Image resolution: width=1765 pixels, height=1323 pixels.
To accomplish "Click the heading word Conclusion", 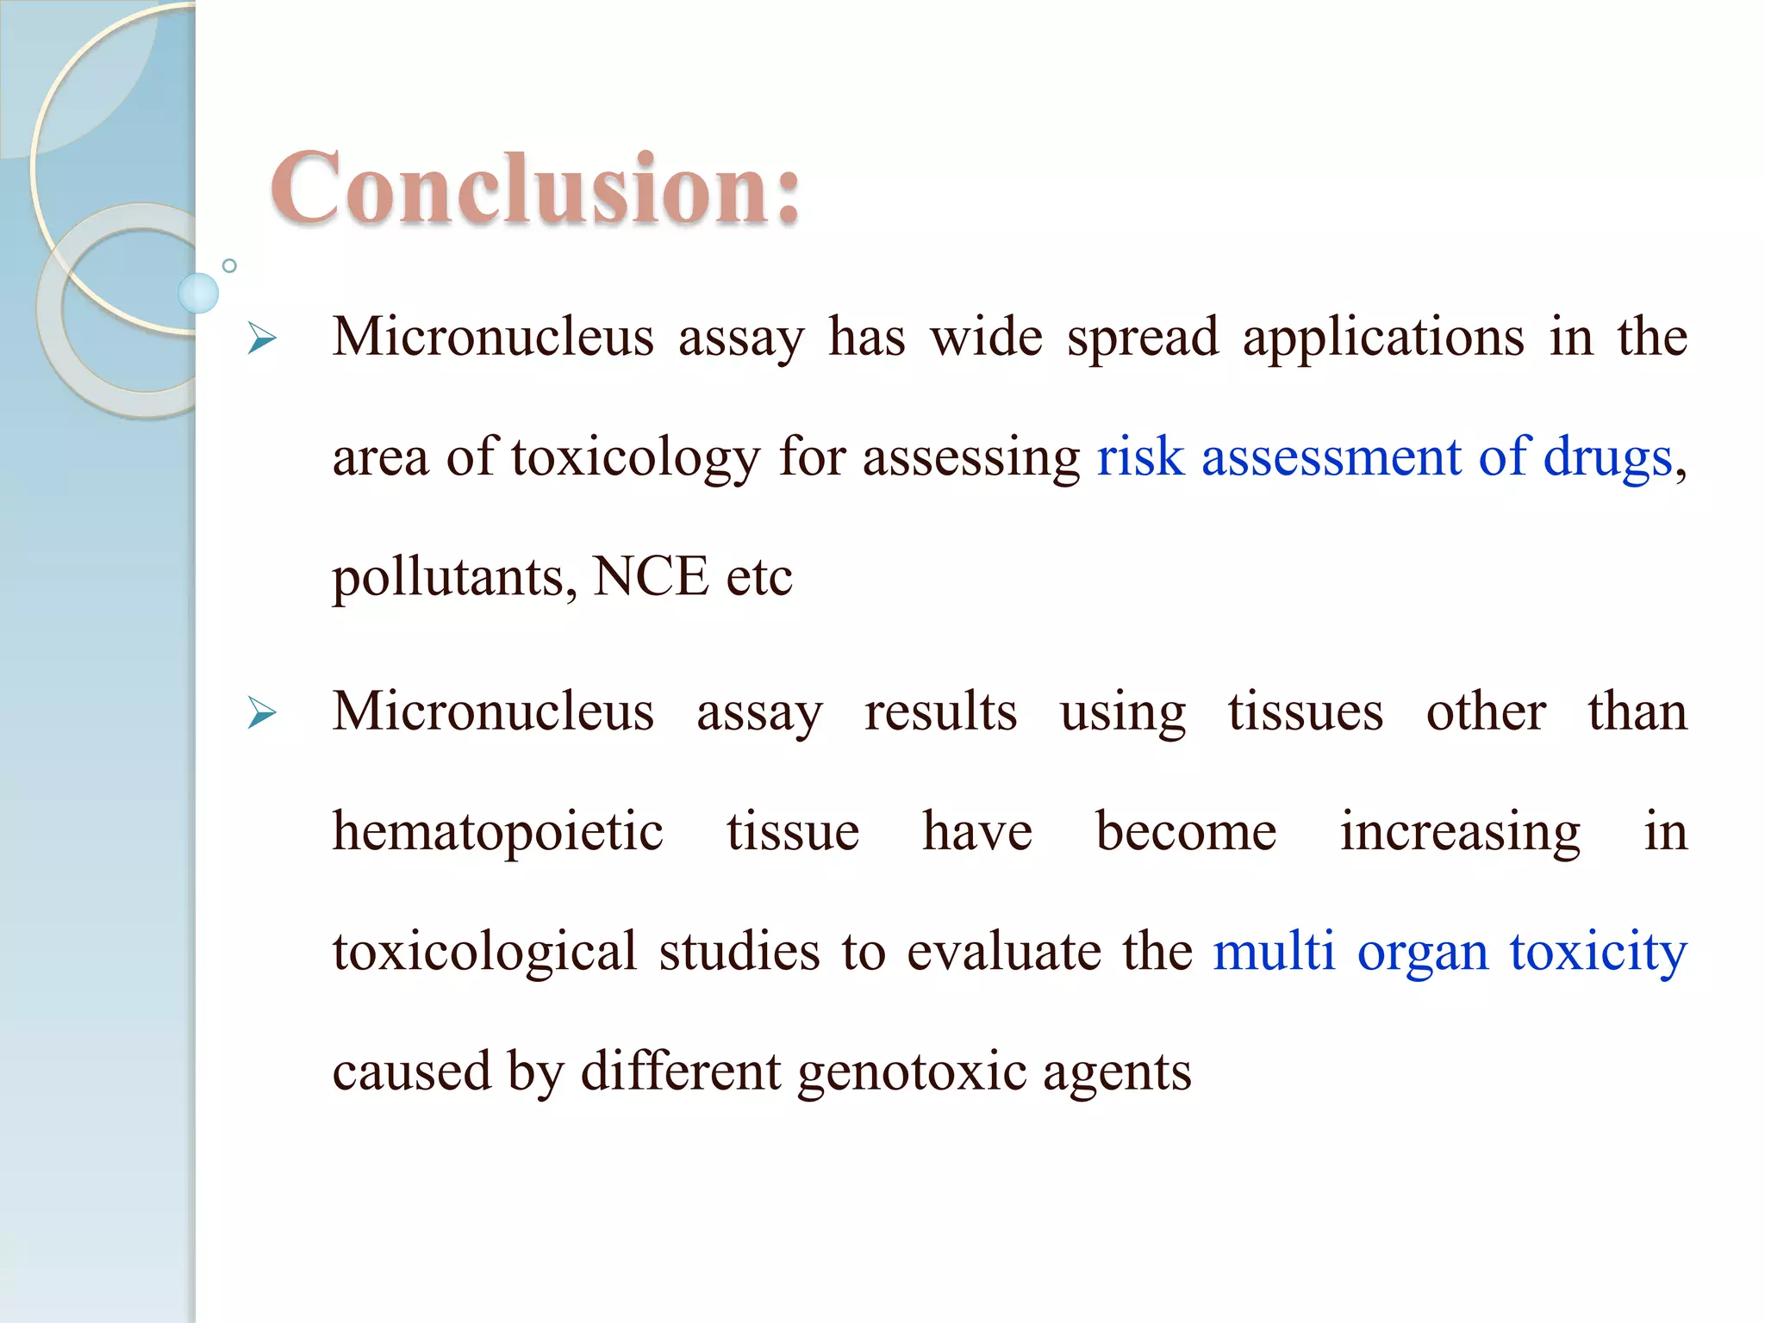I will tap(534, 189).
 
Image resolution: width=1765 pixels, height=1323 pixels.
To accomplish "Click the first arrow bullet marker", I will tap(261, 339).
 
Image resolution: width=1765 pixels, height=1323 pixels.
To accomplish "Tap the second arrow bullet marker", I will tap(261, 713).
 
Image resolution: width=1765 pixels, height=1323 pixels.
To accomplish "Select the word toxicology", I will tap(635, 457).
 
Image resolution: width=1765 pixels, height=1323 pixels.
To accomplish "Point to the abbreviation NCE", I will tap(650, 576).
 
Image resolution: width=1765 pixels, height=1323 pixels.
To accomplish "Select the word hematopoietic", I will tap(497, 833).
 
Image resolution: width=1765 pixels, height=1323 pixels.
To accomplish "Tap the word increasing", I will tap(1460, 833).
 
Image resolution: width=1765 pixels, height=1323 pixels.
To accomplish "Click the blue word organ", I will tap(1423, 953).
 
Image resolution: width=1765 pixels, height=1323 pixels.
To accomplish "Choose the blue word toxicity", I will tap(1598, 953).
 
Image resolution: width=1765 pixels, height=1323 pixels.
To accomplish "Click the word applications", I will tap(1383, 338).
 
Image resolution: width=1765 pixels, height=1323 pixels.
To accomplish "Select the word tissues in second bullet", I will tap(1306, 712).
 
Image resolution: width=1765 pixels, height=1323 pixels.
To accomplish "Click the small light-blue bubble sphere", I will tap(198, 293).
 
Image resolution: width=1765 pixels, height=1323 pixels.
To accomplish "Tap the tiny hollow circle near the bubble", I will tap(229, 265).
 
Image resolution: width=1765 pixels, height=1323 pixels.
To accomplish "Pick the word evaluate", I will tap(1004, 953).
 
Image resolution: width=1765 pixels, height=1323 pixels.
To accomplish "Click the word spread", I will tap(1143, 338).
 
